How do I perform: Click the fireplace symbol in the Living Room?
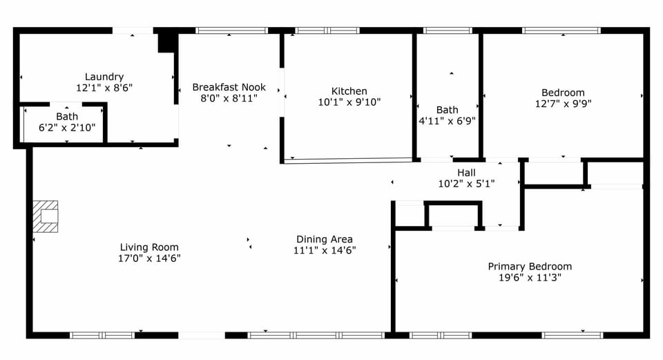click(46, 215)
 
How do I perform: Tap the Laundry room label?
click(104, 77)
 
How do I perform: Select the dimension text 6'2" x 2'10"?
click(67, 128)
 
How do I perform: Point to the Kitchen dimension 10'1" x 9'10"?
click(349, 102)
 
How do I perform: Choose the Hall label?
click(466, 173)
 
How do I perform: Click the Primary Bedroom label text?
click(530, 267)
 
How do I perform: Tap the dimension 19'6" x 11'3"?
click(530, 278)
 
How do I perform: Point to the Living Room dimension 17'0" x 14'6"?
click(149, 258)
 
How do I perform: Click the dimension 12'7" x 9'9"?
click(563, 104)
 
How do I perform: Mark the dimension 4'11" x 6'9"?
click(447, 121)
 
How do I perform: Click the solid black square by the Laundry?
click(166, 41)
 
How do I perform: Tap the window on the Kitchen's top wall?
click(327, 30)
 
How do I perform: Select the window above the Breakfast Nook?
click(231, 30)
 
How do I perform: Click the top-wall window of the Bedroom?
click(561, 30)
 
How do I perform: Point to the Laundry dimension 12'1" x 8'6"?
click(104, 88)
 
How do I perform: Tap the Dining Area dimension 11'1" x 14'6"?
click(325, 250)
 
